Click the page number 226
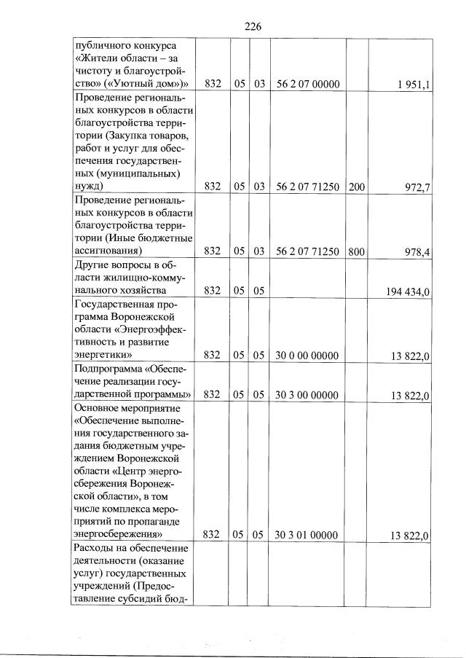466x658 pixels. tap(253, 26)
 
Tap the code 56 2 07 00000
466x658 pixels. tap(308, 85)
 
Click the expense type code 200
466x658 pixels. tap(357, 187)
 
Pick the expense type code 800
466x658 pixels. tap(357, 252)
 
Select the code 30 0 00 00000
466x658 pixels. tap(308, 356)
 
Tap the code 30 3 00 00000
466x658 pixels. tap(308, 396)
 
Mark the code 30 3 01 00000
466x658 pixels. tap(308, 536)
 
